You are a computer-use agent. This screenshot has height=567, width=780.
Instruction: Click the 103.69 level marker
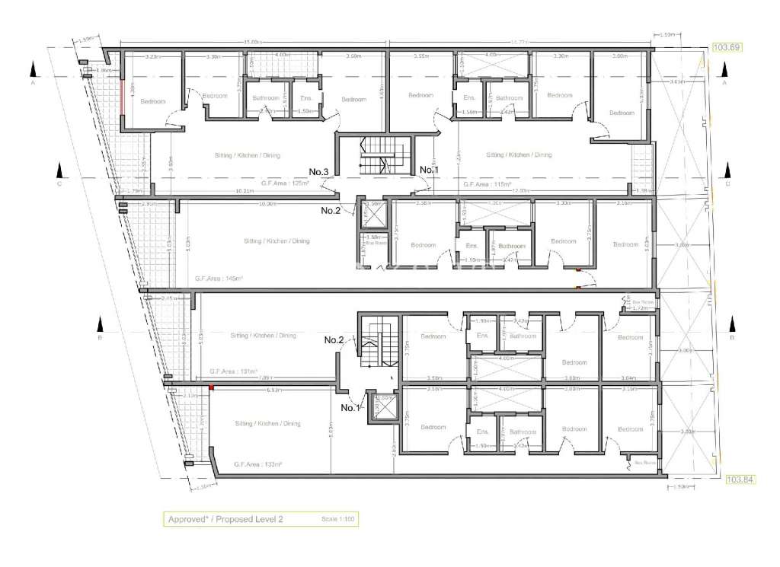tap(726, 47)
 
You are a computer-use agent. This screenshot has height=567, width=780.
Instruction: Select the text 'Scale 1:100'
tap(335, 519)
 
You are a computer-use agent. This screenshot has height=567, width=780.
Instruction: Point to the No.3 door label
tap(318, 172)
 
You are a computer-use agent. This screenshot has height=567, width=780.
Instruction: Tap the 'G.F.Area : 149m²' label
tap(219, 279)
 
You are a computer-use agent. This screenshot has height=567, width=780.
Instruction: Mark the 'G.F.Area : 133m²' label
tap(259, 463)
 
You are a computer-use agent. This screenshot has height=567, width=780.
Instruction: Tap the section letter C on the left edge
tap(59, 183)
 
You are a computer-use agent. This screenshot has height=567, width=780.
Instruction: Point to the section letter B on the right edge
tap(732, 337)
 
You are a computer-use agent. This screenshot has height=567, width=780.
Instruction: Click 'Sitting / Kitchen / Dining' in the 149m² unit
tap(277, 240)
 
